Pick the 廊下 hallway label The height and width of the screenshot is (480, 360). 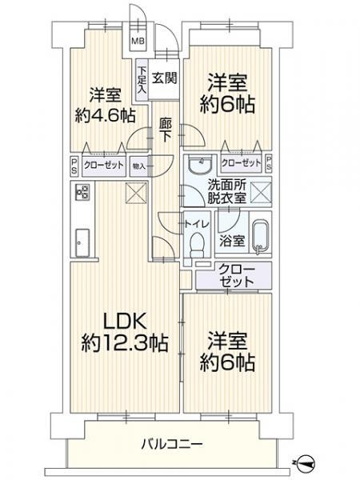[165, 131]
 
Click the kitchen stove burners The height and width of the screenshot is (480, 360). [81, 192]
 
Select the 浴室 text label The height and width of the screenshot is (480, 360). [230, 238]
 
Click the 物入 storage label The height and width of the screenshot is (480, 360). [139, 167]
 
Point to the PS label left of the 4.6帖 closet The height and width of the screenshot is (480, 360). [73, 168]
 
